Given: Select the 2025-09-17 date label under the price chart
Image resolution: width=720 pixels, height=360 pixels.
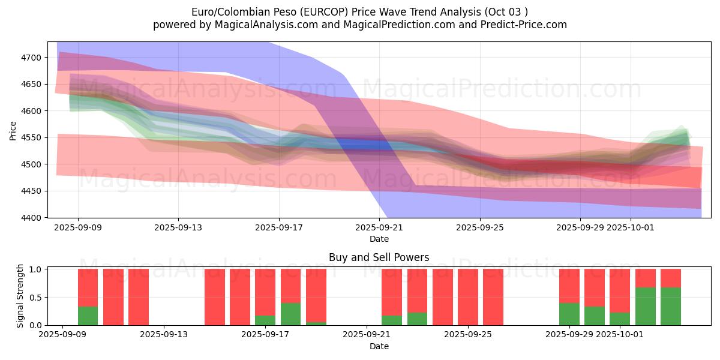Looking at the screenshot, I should tap(278, 228).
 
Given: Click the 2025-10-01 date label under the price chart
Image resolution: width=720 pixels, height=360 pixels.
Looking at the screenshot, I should tap(630, 228).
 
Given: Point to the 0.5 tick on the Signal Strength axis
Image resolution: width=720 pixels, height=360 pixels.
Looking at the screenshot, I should tap(35, 297).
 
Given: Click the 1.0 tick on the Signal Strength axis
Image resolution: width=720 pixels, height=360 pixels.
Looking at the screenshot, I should tap(35, 269).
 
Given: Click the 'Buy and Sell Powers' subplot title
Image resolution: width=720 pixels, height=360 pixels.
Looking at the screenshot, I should tap(379, 257).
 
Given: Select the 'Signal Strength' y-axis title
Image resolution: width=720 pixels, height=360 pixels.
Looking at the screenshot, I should tap(20, 296).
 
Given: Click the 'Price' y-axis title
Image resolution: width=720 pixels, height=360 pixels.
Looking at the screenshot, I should tap(13, 130).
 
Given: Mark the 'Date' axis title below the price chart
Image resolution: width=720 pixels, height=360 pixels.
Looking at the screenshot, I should tap(379, 239).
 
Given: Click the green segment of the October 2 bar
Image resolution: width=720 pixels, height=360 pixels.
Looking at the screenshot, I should tap(646, 306).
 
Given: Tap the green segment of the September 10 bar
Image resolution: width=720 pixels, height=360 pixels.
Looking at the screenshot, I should tap(88, 316).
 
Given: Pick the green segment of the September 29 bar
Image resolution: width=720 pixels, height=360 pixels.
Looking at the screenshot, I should tap(569, 314).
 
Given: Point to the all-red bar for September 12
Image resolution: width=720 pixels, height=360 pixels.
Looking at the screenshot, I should tap(139, 297).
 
